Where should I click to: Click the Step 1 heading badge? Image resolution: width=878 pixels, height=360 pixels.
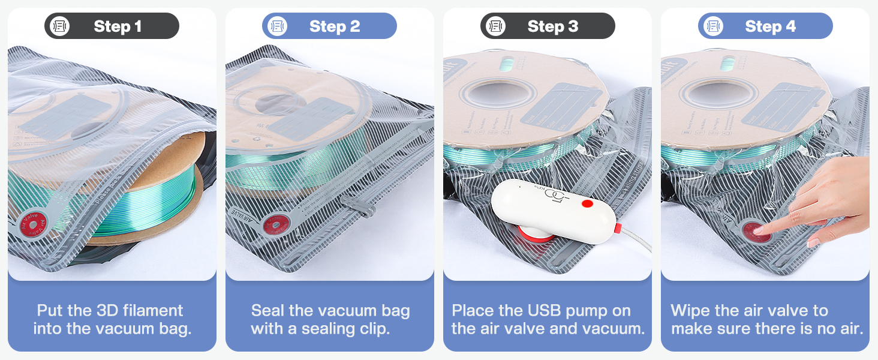click(x=112, y=26)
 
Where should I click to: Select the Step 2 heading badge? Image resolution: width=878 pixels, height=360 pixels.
click(x=329, y=26)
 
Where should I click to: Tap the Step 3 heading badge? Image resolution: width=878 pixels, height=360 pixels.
click(x=548, y=26)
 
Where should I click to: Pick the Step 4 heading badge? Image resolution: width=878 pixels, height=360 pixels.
click(x=765, y=26)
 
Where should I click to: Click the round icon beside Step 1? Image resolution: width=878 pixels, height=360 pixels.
click(x=59, y=26)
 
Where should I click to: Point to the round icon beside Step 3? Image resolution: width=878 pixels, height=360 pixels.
click(x=495, y=26)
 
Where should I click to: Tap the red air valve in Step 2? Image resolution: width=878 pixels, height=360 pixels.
click(x=276, y=225)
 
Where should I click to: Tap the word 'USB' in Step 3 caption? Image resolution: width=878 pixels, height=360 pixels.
click(x=540, y=311)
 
